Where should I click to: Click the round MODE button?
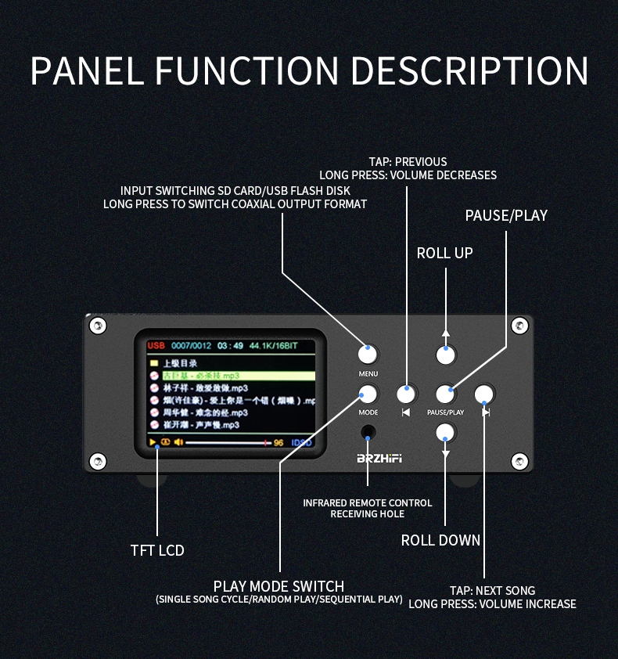coord(368,394)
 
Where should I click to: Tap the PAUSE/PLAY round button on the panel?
coord(445,394)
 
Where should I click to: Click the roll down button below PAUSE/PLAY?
coord(445,432)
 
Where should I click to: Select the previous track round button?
coord(406,394)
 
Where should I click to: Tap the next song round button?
coord(484,394)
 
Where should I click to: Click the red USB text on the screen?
coord(156,345)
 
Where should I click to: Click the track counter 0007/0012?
coord(192,345)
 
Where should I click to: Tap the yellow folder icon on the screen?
coord(155,363)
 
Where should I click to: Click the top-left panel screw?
coord(97,325)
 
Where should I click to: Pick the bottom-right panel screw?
coord(518,459)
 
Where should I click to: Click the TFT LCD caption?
coord(157,550)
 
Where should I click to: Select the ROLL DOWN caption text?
coord(440,540)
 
